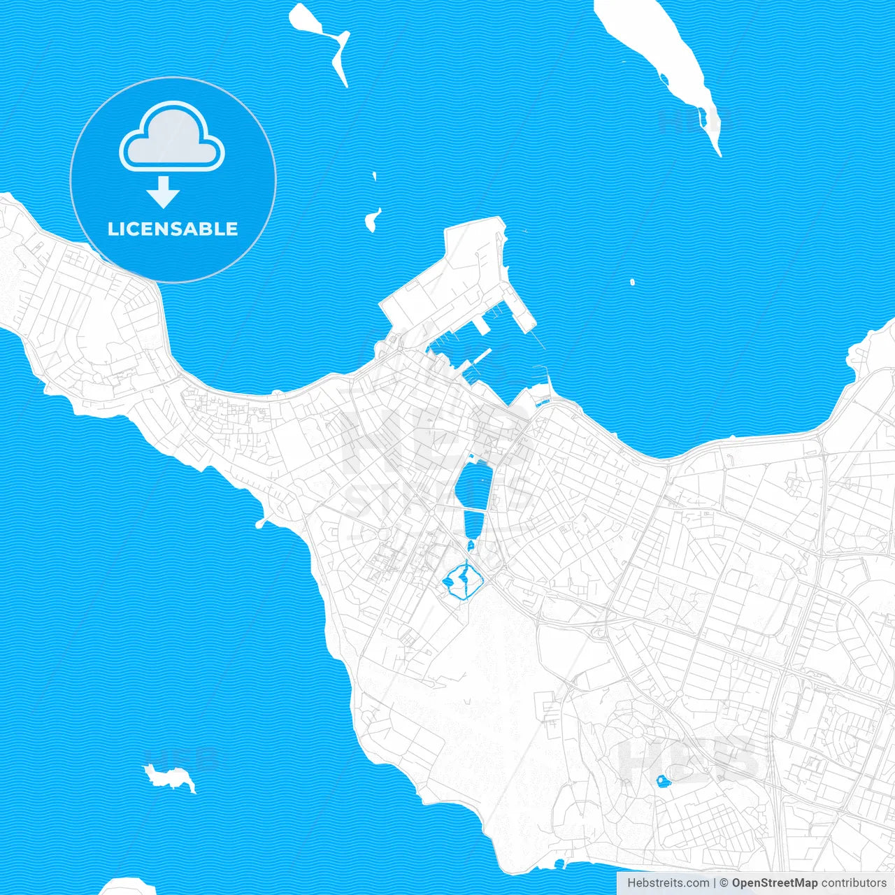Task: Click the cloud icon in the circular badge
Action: click(172, 137)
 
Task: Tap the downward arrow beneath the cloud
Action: click(164, 192)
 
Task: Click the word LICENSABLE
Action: click(173, 229)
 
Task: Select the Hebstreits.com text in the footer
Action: click(668, 883)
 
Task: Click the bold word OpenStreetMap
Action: click(775, 883)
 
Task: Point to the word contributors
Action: click(854, 883)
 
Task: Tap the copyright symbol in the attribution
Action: click(724, 883)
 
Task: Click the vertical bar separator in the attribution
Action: click(715, 883)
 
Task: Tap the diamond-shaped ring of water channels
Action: click(462, 580)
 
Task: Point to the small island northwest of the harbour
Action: click(372, 220)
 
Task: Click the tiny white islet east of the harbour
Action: click(632, 282)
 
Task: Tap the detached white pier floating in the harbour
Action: click(482, 357)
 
